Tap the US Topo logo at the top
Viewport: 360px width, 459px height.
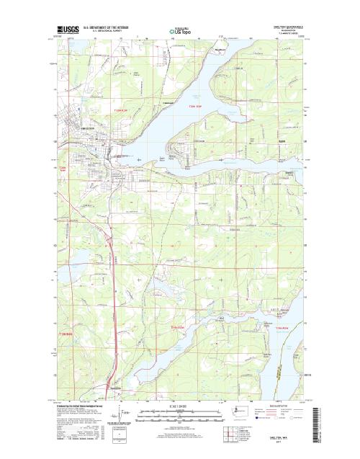pyautogui.click(x=180, y=32)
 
